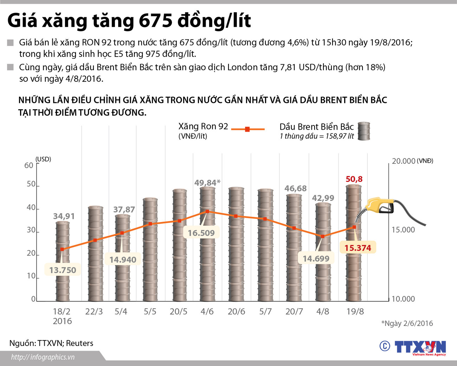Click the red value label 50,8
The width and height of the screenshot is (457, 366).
[354, 179]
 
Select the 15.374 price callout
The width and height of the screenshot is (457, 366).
[358, 248]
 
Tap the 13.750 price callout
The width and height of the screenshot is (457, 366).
[63, 270]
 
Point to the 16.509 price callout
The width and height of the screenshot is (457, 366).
[201, 233]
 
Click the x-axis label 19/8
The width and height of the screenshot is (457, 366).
[355, 312]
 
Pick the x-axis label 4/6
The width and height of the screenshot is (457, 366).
[207, 312]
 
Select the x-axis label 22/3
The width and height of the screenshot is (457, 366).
[94, 312]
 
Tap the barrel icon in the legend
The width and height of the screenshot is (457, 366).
[364, 131]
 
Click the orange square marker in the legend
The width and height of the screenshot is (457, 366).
[247, 129]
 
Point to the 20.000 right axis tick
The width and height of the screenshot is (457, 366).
[404, 161]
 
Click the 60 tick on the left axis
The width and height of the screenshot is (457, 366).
[28, 165]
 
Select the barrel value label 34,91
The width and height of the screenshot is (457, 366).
[64, 216]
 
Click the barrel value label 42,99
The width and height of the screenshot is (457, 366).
[323, 198]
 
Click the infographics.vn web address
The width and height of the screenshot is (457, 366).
[43, 357]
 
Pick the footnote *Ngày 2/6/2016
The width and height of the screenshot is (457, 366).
[407, 323]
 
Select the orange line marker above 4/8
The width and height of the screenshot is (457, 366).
[323, 236]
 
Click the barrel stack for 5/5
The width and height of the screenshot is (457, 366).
[150, 249]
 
